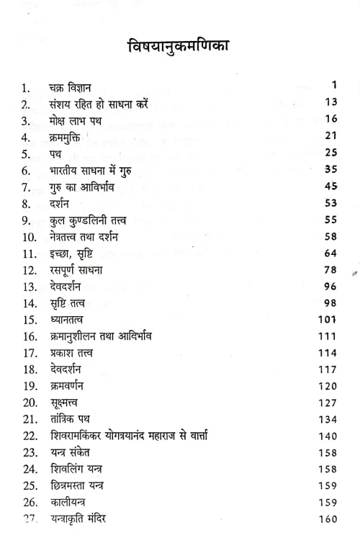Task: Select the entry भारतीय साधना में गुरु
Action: [x=101, y=171]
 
